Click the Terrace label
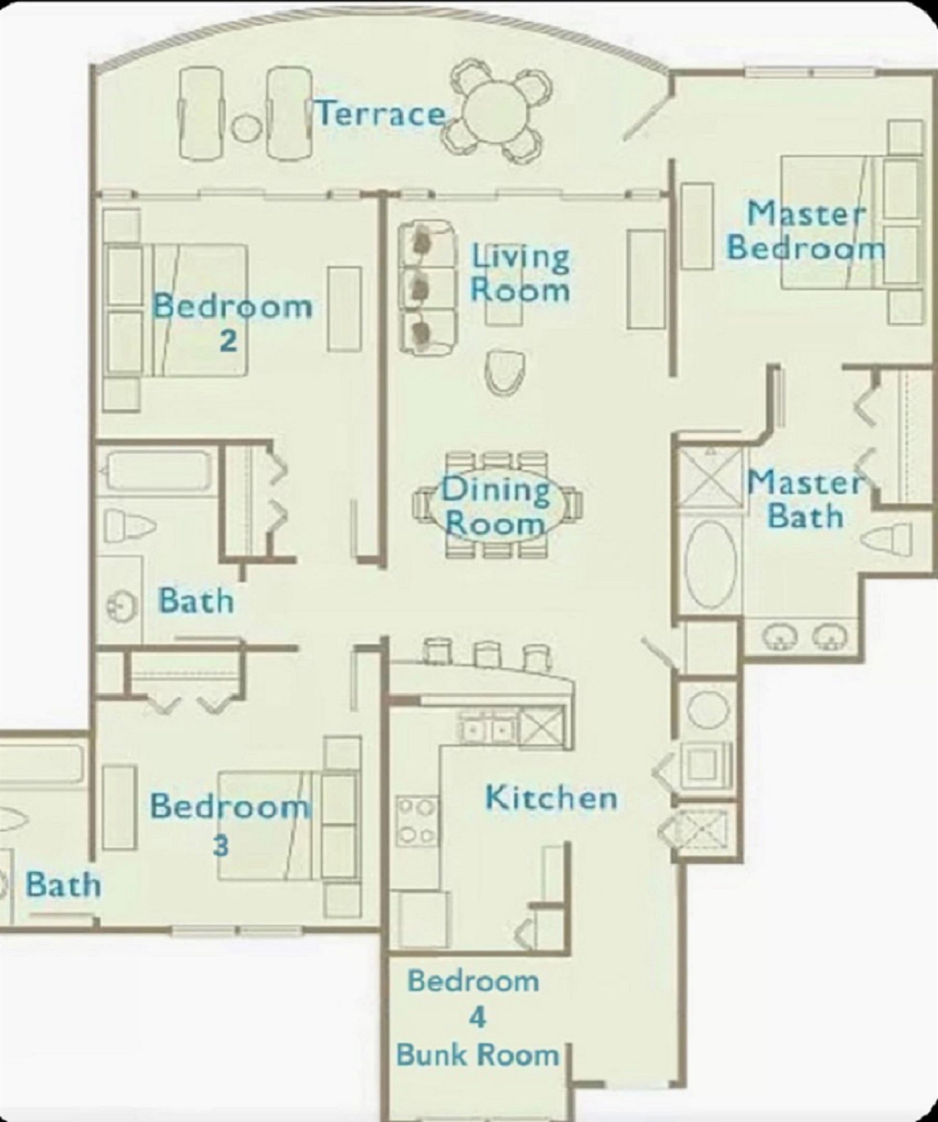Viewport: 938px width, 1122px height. (x=381, y=113)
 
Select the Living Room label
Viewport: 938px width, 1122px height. (x=520, y=274)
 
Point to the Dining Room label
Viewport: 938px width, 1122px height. (x=495, y=506)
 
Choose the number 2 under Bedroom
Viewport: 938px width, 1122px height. (x=228, y=340)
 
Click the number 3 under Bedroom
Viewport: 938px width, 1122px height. (x=220, y=846)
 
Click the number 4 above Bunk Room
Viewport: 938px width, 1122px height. (x=477, y=1017)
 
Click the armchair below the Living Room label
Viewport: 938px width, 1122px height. (x=505, y=373)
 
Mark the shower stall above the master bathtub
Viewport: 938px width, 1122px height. (x=710, y=478)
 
